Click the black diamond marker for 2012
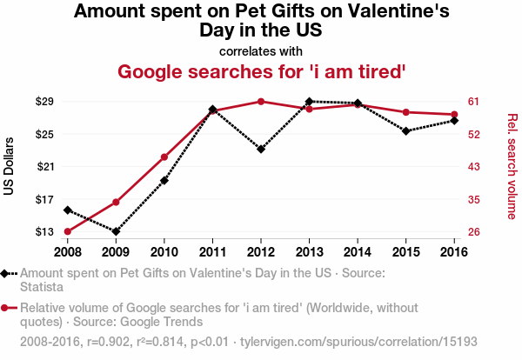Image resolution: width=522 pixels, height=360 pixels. coord(261,149)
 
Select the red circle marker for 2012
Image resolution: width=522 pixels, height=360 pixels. coord(261,102)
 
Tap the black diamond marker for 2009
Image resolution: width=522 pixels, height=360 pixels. coord(116,231)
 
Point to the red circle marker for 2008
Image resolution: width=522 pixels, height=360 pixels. coord(67,231)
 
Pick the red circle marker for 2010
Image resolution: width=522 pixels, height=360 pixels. coord(164,157)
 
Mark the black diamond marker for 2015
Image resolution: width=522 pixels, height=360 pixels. coord(406,130)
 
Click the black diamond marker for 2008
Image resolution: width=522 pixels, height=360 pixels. coord(67,210)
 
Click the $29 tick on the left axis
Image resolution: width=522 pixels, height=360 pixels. coord(45,102)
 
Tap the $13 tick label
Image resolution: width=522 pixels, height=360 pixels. coord(45,232)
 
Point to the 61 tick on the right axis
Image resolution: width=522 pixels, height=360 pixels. coord(474,102)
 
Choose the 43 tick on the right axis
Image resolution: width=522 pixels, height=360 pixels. coord(474,167)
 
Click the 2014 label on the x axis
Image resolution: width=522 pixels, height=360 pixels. coord(358,251)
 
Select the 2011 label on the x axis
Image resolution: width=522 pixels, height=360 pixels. coord(212,251)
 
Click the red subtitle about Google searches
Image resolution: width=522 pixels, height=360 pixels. coord(261,71)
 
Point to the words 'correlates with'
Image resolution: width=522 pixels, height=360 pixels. coord(261,50)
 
